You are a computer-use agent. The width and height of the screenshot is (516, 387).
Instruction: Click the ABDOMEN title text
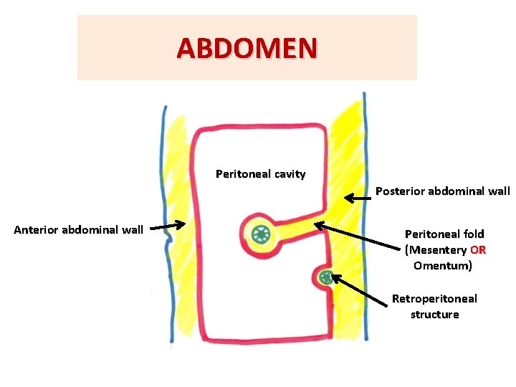247,48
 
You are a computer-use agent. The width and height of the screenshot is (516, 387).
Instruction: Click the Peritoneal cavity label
260,174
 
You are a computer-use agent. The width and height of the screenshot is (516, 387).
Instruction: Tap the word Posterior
400,191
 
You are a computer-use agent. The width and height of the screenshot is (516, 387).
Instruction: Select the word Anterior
36,230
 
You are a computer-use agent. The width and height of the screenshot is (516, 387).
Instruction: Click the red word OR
477,250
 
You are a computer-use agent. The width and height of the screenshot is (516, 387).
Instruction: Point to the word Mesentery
437,250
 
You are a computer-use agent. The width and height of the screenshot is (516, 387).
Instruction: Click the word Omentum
442,266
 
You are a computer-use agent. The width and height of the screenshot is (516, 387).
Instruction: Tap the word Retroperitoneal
434,298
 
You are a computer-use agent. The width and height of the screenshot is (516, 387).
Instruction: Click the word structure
434,315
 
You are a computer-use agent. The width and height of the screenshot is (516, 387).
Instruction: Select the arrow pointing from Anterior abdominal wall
171,226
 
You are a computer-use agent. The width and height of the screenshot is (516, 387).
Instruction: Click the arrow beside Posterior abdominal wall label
358,197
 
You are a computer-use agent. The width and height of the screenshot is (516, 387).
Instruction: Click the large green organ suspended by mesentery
259,233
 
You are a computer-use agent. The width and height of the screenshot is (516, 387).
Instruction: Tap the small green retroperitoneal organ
326,277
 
